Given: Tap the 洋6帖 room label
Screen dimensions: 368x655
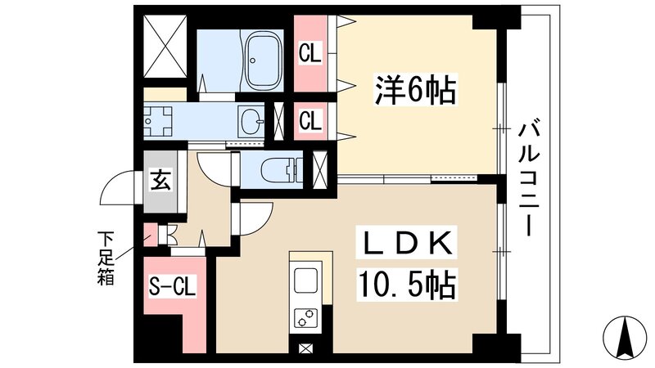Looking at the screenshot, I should click(415, 89).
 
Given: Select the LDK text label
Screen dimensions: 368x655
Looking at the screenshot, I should click(404, 244).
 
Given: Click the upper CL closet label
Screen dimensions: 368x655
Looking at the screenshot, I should click(309, 55).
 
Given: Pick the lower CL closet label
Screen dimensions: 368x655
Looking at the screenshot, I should click(309, 121).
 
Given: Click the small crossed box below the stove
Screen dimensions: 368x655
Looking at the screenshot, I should click(305, 349).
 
